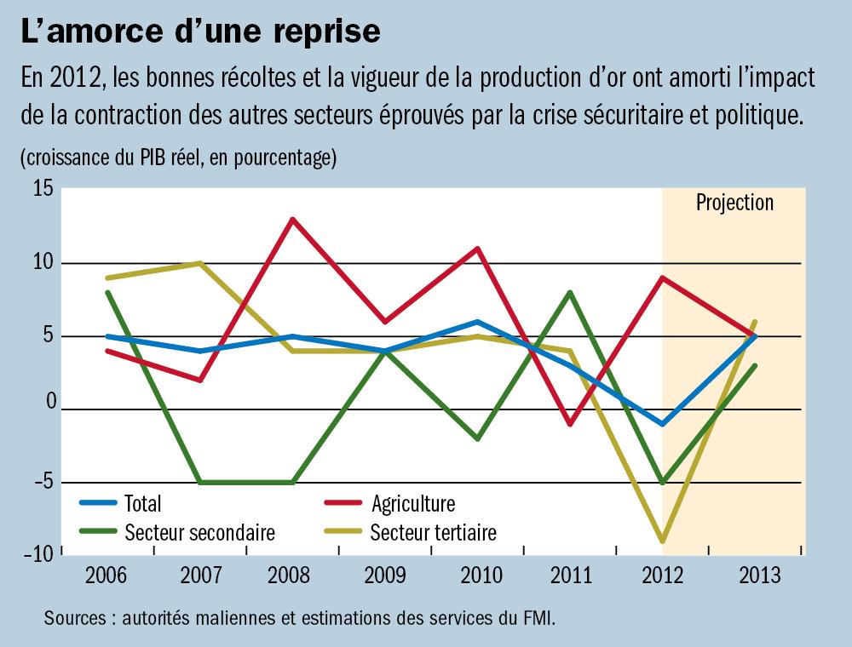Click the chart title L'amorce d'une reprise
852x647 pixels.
click(201, 31)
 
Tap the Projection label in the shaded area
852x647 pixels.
click(734, 203)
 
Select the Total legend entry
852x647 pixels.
click(142, 504)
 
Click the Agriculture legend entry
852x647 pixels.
click(412, 504)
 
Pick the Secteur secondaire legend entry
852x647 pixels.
click(199, 534)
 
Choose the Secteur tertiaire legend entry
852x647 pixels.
click(433, 534)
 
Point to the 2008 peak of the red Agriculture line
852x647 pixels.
click(292, 220)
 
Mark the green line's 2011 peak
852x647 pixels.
click(569, 293)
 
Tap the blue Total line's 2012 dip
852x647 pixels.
click(662, 424)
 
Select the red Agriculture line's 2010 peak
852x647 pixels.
click(477, 249)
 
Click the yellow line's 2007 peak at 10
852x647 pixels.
click(199, 263)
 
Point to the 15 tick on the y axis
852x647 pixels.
click(43, 190)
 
